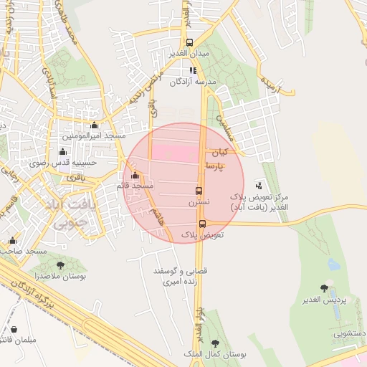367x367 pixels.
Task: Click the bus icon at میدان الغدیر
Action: pyautogui.click(x=190, y=42)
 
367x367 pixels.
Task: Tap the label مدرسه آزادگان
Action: pyautogui.click(x=192, y=82)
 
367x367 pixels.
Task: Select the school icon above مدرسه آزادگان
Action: pyautogui.click(x=193, y=70)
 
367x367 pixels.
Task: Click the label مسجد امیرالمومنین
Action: pyautogui.click(x=93, y=135)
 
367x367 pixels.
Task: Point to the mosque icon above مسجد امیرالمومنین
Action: pyautogui.click(x=94, y=125)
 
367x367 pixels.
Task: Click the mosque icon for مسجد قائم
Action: pyautogui.click(x=135, y=175)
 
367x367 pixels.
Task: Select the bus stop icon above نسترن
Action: pyautogui.click(x=199, y=191)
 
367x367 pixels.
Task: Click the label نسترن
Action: pyautogui.click(x=199, y=203)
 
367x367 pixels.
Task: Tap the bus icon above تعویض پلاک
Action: pyautogui.click(x=201, y=223)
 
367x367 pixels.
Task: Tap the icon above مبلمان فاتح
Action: pyautogui.click(x=14, y=329)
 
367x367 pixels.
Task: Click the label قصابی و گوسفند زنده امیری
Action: pyautogui.click(x=175, y=277)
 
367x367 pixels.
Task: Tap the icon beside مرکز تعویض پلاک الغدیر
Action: pyautogui.click(x=258, y=185)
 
